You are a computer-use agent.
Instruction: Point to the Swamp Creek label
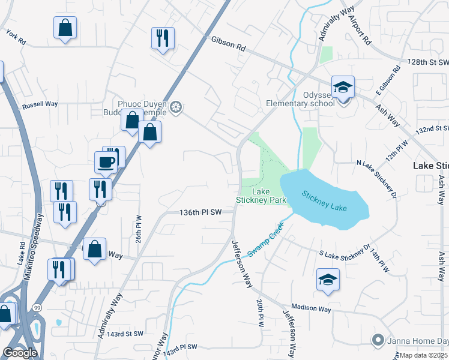[x=264, y=242]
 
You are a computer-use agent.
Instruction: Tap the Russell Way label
[x=40, y=104]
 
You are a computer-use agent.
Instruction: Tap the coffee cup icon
[x=106, y=161]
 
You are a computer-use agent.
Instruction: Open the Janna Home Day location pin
[x=378, y=340]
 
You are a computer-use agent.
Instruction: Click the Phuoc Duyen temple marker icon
[x=176, y=107]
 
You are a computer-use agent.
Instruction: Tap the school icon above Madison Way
[x=327, y=280]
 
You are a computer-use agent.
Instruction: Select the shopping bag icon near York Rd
[x=65, y=28]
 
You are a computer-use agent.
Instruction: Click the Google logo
[x=20, y=353]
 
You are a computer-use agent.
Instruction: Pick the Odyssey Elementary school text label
[x=300, y=99]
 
